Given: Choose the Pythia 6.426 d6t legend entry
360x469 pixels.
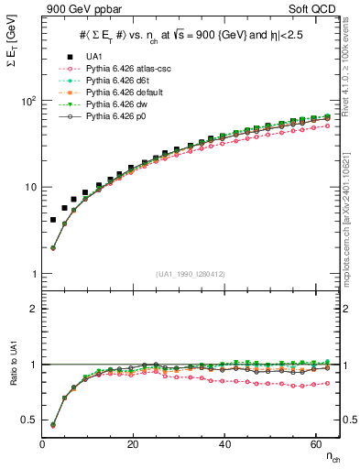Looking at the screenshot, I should pos(113,81).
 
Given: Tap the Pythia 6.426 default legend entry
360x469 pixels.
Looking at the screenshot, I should pos(118,93).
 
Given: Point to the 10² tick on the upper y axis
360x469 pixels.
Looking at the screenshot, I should pos(28,101).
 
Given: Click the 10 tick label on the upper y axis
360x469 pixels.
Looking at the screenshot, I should pos(29,188).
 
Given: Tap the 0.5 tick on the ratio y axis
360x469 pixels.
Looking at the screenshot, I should pos(29,420).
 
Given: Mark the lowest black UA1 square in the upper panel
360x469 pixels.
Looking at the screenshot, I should pos(52,220).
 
